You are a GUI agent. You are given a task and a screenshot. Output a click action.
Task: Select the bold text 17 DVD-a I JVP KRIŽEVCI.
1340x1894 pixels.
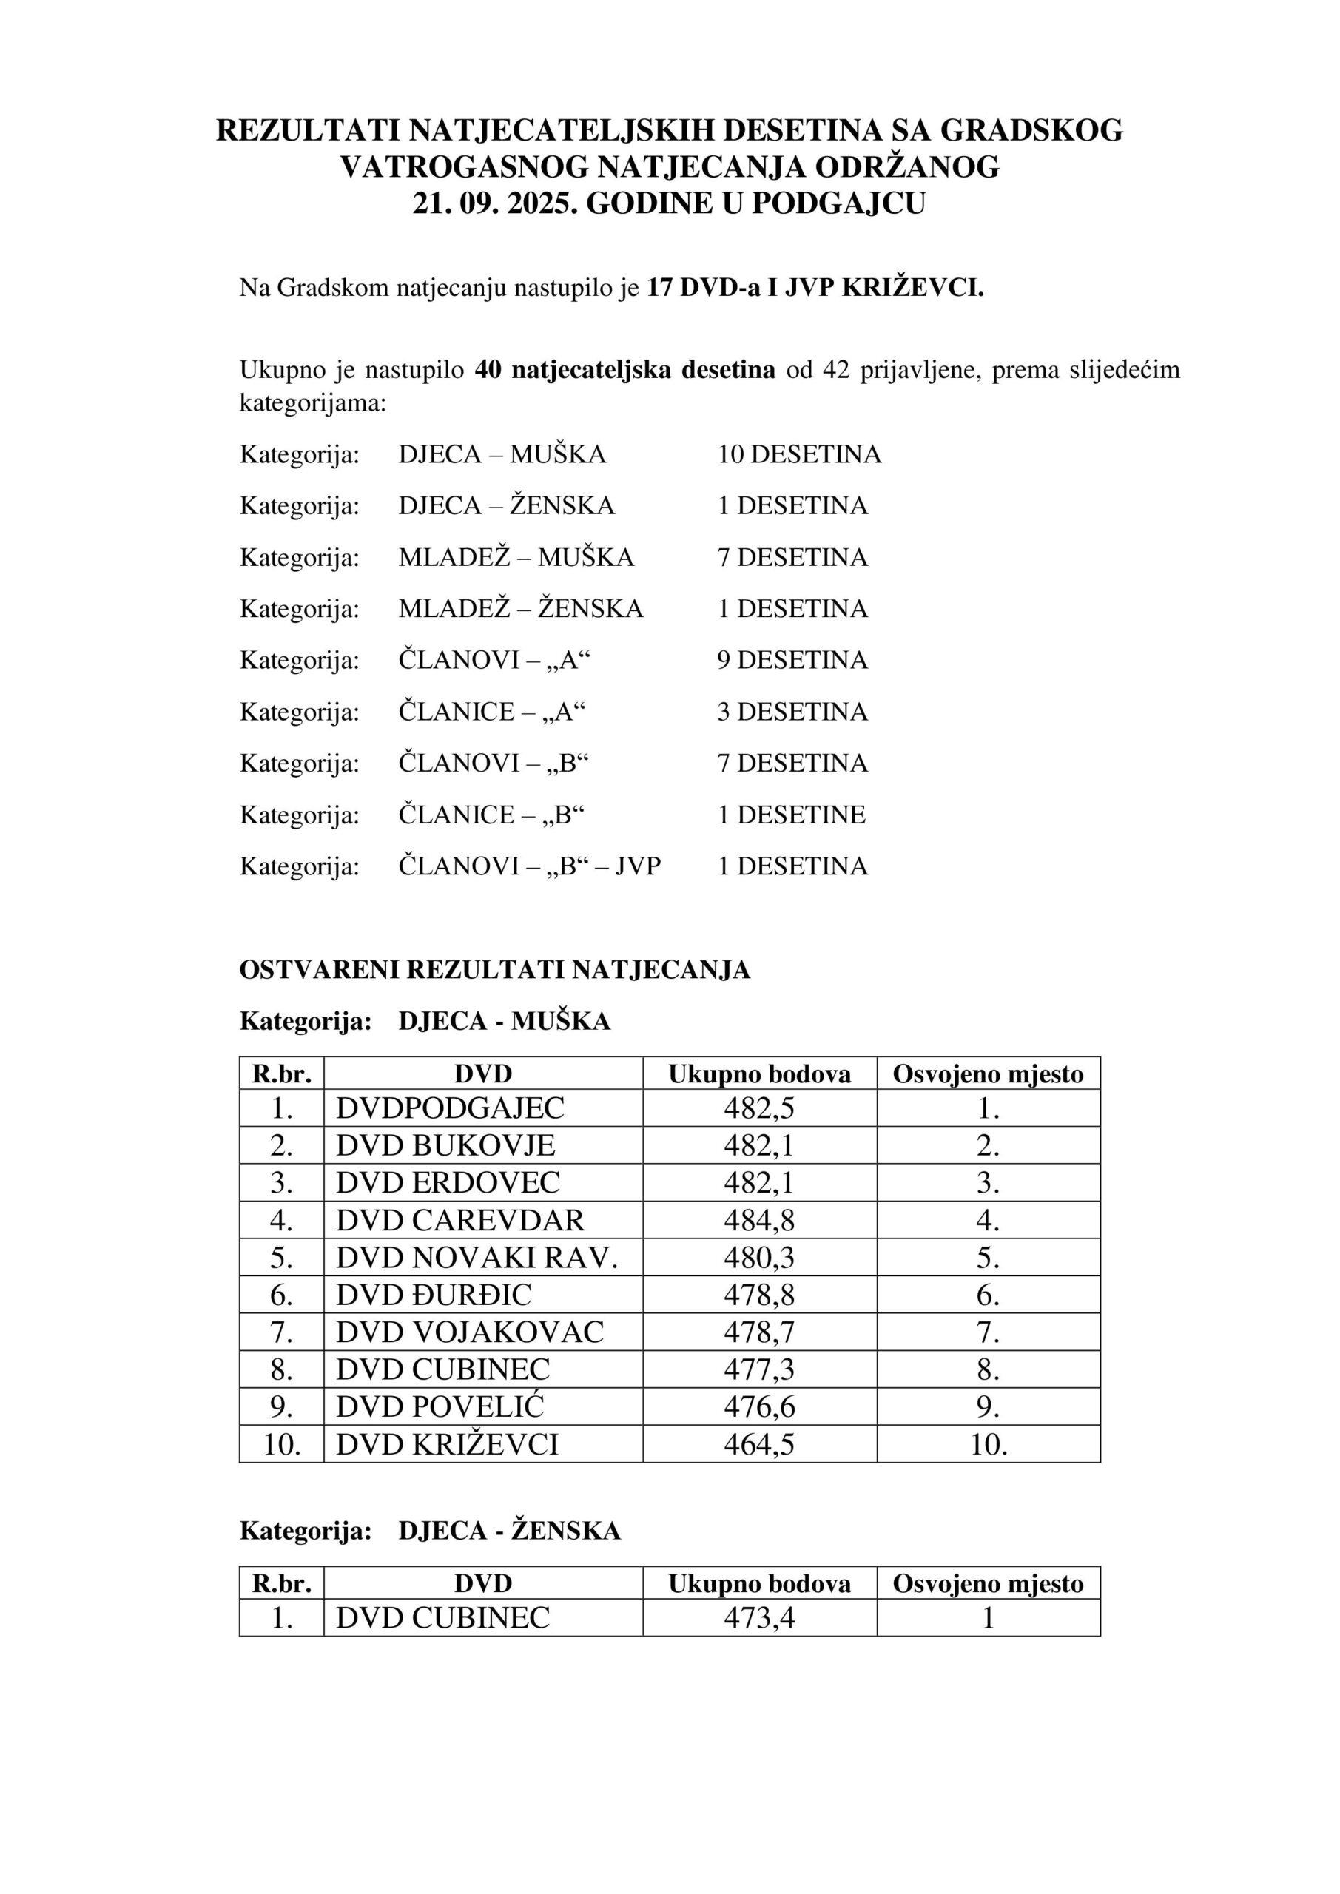click(815, 288)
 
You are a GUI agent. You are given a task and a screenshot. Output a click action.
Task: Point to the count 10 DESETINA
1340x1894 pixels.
click(798, 454)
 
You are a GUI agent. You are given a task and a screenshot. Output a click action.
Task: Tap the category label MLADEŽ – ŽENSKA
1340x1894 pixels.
click(521, 609)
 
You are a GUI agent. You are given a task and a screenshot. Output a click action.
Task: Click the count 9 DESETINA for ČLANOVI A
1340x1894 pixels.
click(792, 660)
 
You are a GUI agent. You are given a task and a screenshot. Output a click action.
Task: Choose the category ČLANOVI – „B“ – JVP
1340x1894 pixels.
click(530, 866)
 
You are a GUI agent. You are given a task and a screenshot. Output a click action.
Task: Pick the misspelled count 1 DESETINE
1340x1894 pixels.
click(791, 815)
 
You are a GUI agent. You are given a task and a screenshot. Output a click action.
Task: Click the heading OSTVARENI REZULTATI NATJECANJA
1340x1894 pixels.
click(495, 970)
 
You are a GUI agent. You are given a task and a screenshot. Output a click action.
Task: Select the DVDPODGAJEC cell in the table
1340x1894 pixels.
click(450, 1108)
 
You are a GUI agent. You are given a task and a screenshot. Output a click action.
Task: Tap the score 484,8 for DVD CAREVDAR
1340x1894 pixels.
click(759, 1220)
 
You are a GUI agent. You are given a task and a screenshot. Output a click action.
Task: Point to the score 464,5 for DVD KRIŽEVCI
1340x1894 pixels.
click(759, 1444)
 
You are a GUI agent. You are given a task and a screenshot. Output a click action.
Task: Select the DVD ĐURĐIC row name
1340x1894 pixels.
click(434, 1295)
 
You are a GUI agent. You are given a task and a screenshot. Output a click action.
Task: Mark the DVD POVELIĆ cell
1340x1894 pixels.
click(440, 1407)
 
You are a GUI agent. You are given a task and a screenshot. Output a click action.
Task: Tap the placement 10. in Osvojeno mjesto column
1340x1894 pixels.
click(988, 1444)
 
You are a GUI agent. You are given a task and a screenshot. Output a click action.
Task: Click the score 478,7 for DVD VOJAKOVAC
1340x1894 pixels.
click(759, 1332)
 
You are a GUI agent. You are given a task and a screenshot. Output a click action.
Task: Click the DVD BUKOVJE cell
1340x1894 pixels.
click(445, 1146)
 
